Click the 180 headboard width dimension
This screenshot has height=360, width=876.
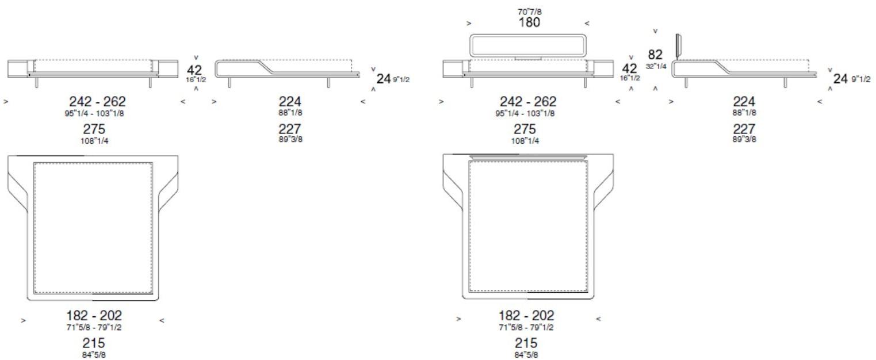pyautogui.click(x=529, y=22)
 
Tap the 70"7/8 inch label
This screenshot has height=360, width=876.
pyautogui.click(x=529, y=11)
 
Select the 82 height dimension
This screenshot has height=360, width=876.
pyautogui.click(x=655, y=55)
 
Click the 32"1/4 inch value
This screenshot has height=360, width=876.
pyautogui.click(x=655, y=66)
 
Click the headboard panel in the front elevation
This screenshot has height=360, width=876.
pyautogui.click(x=529, y=45)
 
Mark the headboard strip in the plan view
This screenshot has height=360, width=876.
pyautogui.click(x=529, y=156)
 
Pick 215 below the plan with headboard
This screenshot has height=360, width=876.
pyautogui.click(x=526, y=344)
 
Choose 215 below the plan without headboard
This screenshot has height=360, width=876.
pyautogui.click(x=94, y=344)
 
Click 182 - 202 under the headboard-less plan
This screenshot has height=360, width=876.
pyautogui.click(x=94, y=316)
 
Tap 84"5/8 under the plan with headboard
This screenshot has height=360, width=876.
pyautogui.click(x=526, y=355)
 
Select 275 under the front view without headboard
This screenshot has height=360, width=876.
pyautogui.click(x=94, y=129)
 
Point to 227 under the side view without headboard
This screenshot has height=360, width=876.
pyautogui.click(x=290, y=129)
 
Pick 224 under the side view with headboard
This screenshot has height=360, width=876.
pyautogui.click(x=744, y=102)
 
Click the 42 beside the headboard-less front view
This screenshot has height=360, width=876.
pyautogui.click(x=195, y=70)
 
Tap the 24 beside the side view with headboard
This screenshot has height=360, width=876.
pyautogui.click(x=841, y=79)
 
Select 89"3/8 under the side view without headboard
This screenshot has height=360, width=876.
pyautogui.click(x=290, y=139)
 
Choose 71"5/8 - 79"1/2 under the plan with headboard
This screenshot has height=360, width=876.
pyautogui.click(x=526, y=328)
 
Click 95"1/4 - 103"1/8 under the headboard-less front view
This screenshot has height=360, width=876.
pyautogui.click(x=94, y=113)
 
